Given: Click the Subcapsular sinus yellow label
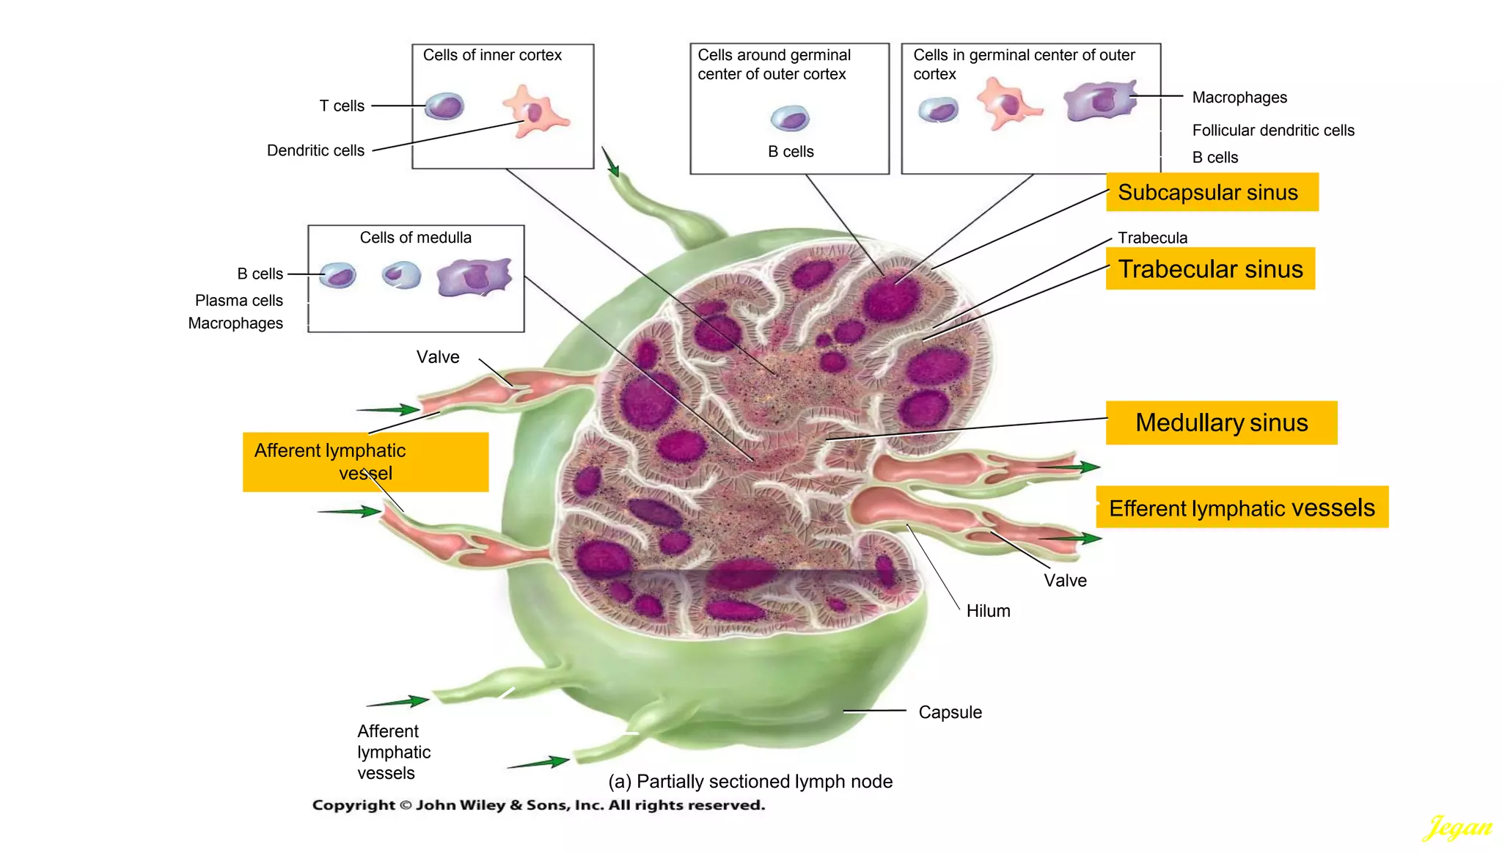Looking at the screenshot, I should click(x=1211, y=192).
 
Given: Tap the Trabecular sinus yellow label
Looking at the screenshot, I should click(x=1209, y=269).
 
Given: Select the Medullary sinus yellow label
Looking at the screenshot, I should click(x=1220, y=422).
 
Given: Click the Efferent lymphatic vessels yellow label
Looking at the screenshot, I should click(x=1241, y=508).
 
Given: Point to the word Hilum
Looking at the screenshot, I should click(x=987, y=611).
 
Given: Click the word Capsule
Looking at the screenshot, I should click(x=949, y=712).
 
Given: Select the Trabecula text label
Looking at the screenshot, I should click(x=1151, y=238).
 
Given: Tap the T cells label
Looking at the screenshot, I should click(x=342, y=106).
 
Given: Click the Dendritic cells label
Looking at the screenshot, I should click(x=315, y=150).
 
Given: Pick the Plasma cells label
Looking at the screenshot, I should click(x=238, y=301).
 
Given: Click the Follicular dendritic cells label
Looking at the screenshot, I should click(x=1272, y=131).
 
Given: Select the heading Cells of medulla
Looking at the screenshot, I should click(x=415, y=238).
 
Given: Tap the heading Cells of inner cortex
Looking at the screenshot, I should click(x=491, y=55).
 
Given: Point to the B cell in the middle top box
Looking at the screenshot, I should click(x=790, y=118).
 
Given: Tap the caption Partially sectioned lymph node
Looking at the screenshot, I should click(x=750, y=781).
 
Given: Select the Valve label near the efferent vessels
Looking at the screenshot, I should click(x=1064, y=581).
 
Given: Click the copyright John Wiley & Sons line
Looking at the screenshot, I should click(x=538, y=805).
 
